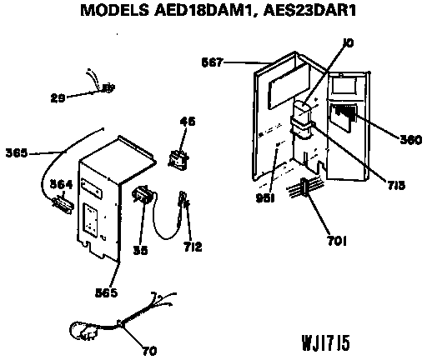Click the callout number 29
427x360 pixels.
(x=58, y=97)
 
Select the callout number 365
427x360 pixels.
(x=17, y=152)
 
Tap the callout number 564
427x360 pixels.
(x=61, y=184)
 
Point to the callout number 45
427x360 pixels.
(x=188, y=122)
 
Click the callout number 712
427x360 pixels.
(x=193, y=247)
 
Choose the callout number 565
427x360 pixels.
(x=107, y=292)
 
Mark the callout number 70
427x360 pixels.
(x=150, y=351)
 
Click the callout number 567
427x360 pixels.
(x=213, y=62)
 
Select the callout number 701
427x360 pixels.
(x=337, y=241)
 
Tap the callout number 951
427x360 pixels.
(x=265, y=198)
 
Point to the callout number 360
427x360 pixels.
(x=411, y=140)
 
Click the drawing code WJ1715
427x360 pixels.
(x=326, y=342)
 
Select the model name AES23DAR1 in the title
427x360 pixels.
(x=309, y=10)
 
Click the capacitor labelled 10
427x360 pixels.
(x=301, y=120)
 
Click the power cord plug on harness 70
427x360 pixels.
(x=83, y=332)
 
